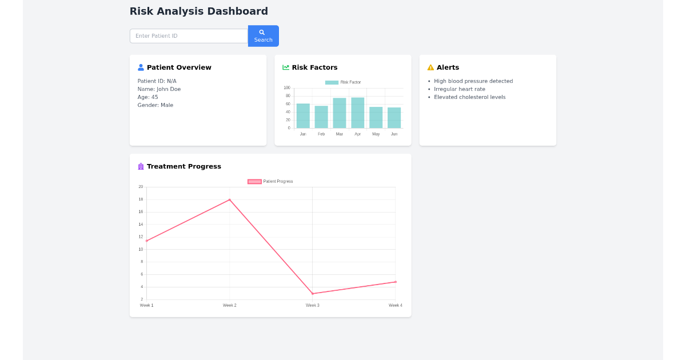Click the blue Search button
pyautogui.click(x=263, y=36)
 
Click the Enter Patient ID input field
pyautogui.click(x=189, y=36)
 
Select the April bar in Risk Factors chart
pyautogui.click(x=358, y=113)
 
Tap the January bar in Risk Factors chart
pyautogui.click(x=303, y=116)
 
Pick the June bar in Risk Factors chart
pyautogui.click(x=394, y=118)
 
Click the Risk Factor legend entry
pyautogui.click(x=343, y=82)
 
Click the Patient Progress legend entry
pyautogui.click(x=270, y=182)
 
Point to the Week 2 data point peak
pyautogui.click(x=230, y=199)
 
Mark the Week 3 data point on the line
pyautogui.click(x=313, y=294)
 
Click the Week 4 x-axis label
pyautogui.click(x=395, y=306)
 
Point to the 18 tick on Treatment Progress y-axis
pyautogui.click(x=141, y=199)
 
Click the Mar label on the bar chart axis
pyautogui.click(x=340, y=134)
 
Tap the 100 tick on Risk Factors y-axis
pyautogui.click(x=287, y=88)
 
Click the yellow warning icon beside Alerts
pyautogui.click(x=430, y=67)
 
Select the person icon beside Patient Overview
pyautogui.click(x=141, y=67)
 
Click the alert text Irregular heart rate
pyautogui.click(x=459, y=89)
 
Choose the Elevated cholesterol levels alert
pyautogui.click(x=469, y=97)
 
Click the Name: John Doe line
pyautogui.click(x=159, y=89)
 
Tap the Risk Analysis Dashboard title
pyautogui.click(x=198, y=11)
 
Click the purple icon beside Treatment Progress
pyautogui.click(x=141, y=167)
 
